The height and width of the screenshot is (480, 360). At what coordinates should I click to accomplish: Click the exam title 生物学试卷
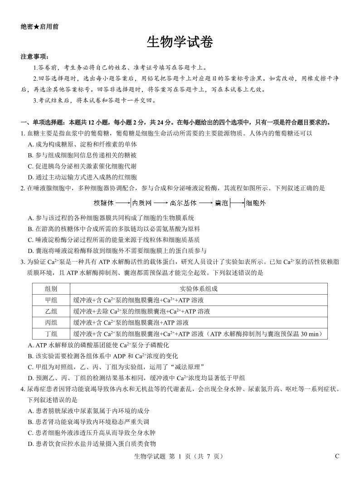180,42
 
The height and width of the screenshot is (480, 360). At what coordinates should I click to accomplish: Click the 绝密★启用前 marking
39,26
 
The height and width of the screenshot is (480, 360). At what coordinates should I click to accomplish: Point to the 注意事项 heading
34,57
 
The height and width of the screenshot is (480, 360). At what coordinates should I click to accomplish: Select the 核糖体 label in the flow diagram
103,203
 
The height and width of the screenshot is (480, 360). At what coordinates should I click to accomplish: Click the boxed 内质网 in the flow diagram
142,203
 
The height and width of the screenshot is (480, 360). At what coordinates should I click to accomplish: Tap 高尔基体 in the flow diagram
183,203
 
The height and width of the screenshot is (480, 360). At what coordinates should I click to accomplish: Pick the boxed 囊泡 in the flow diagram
222,203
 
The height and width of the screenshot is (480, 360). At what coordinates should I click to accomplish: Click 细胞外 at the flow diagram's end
255,203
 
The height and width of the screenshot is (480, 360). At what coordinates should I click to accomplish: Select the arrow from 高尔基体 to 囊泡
206,203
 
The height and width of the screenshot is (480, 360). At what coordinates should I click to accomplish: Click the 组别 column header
51,289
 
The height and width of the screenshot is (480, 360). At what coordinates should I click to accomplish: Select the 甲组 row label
51,300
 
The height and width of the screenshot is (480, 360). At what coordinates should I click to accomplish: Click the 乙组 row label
51,311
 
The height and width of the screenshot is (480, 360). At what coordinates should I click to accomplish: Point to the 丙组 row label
51,323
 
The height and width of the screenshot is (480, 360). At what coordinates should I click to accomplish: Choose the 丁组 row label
51,334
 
